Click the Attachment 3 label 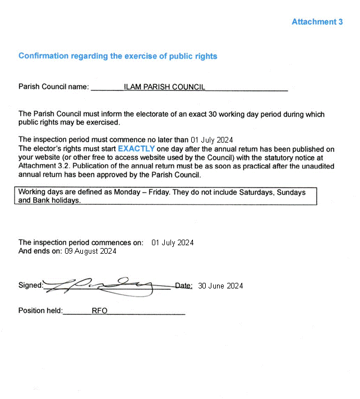click(x=317, y=22)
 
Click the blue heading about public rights click(x=118, y=56)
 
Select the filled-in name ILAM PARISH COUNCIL click(x=164, y=87)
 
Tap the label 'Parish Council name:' click(x=54, y=87)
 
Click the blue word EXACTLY click(x=136, y=149)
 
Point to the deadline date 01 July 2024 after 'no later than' click(x=212, y=140)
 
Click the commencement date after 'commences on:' click(x=173, y=242)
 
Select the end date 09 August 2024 click(x=90, y=251)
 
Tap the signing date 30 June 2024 click(x=220, y=286)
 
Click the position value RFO click(x=99, y=311)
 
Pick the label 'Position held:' click(x=40, y=311)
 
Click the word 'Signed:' click(x=30, y=286)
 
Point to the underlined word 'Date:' click(x=184, y=286)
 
